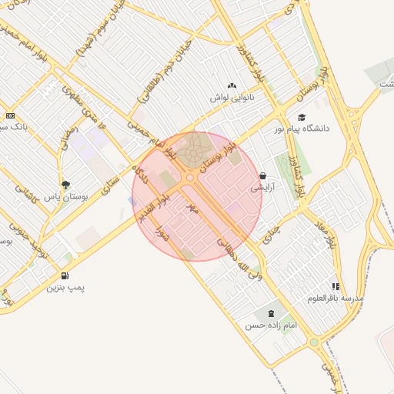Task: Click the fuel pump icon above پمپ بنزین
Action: (64, 275)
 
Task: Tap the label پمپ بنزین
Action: (65, 288)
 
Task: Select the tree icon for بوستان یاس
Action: (65, 185)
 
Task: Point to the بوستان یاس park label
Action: (65, 197)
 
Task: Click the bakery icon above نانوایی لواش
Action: (232, 86)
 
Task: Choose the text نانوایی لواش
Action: (232, 98)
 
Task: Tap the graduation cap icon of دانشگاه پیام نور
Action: (302, 117)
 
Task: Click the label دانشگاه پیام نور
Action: (302, 129)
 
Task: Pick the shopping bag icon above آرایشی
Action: (262, 175)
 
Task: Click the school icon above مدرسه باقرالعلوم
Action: (336, 286)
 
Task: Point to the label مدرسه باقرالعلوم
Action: (336, 298)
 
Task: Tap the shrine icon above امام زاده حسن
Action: (270, 313)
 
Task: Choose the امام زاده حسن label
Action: (271, 326)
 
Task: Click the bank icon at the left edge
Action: (10, 115)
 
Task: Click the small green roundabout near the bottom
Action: (314, 342)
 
